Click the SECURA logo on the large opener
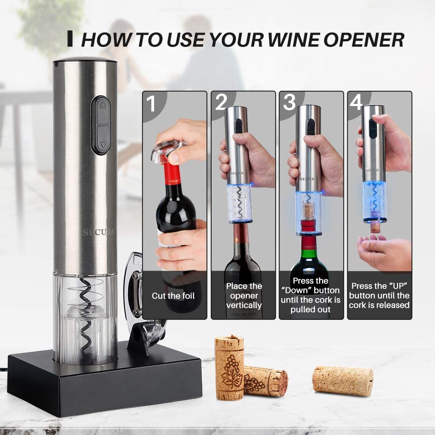(99, 232)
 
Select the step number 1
(151, 105)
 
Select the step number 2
(221, 103)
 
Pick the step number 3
(289, 103)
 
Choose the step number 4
(356, 103)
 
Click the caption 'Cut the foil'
(173, 296)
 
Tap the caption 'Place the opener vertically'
(244, 296)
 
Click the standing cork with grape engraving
(229, 367)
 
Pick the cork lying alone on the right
(343, 381)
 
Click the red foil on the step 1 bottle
(173, 174)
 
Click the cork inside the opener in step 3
(309, 210)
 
